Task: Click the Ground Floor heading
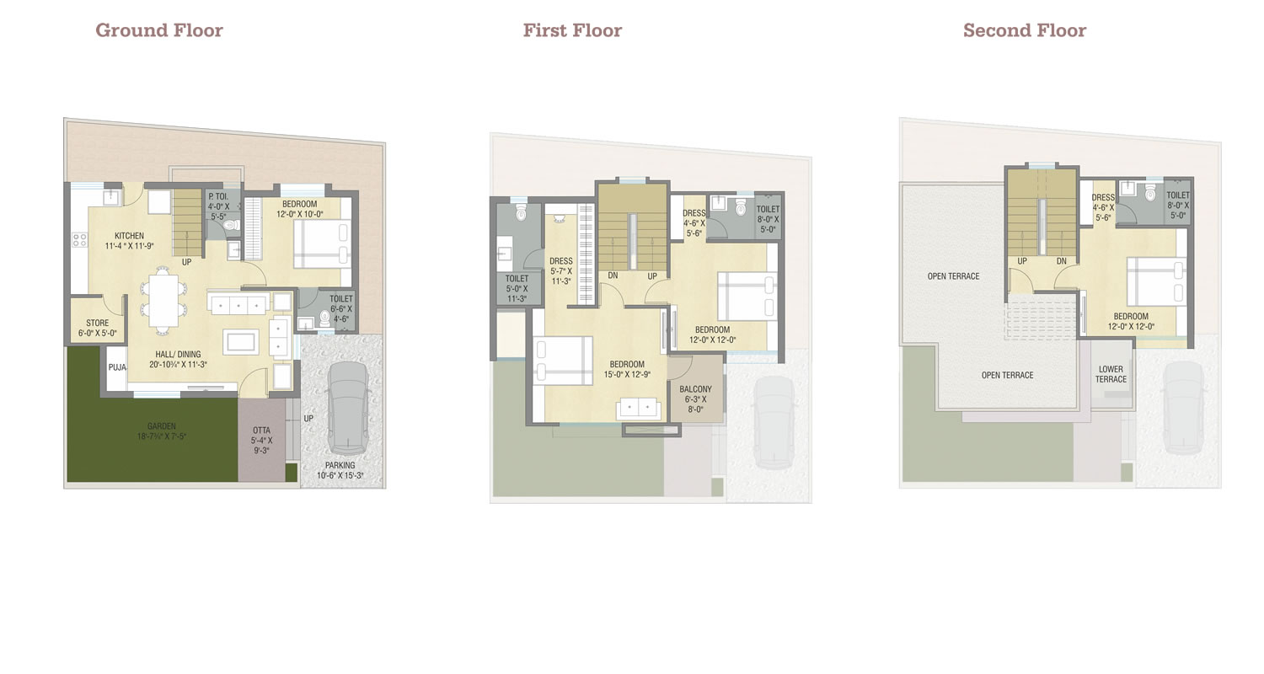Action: coord(159,29)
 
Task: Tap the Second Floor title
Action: coord(1024,29)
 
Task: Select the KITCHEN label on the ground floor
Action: coord(129,236)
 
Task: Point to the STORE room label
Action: coord(98,324)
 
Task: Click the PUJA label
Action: coord(117,367)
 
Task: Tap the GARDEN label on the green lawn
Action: coord(162,426)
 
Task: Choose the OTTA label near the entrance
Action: coord(261,431)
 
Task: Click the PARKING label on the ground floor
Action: coord(340,465)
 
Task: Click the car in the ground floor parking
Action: coord(349,409)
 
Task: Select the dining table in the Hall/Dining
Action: coord(163,300)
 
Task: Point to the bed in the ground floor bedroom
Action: coord(322,243)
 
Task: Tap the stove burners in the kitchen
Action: coord(79,240)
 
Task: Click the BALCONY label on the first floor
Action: coord(695,389)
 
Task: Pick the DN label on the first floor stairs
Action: coord(613,275)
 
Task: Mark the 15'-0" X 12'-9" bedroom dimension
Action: coord(627,375)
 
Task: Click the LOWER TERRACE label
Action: coord(1111,374)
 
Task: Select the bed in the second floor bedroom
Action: coord(1157,281)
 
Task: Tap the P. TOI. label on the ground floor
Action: coord(218,196)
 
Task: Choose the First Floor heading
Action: coord(572,29)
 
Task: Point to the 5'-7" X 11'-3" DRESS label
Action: coord(561,270)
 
